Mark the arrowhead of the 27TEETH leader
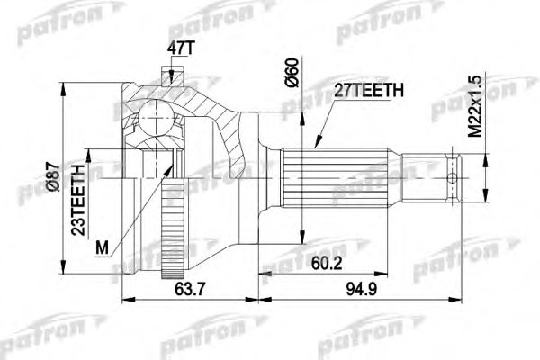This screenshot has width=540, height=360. [x=318, y=144]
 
